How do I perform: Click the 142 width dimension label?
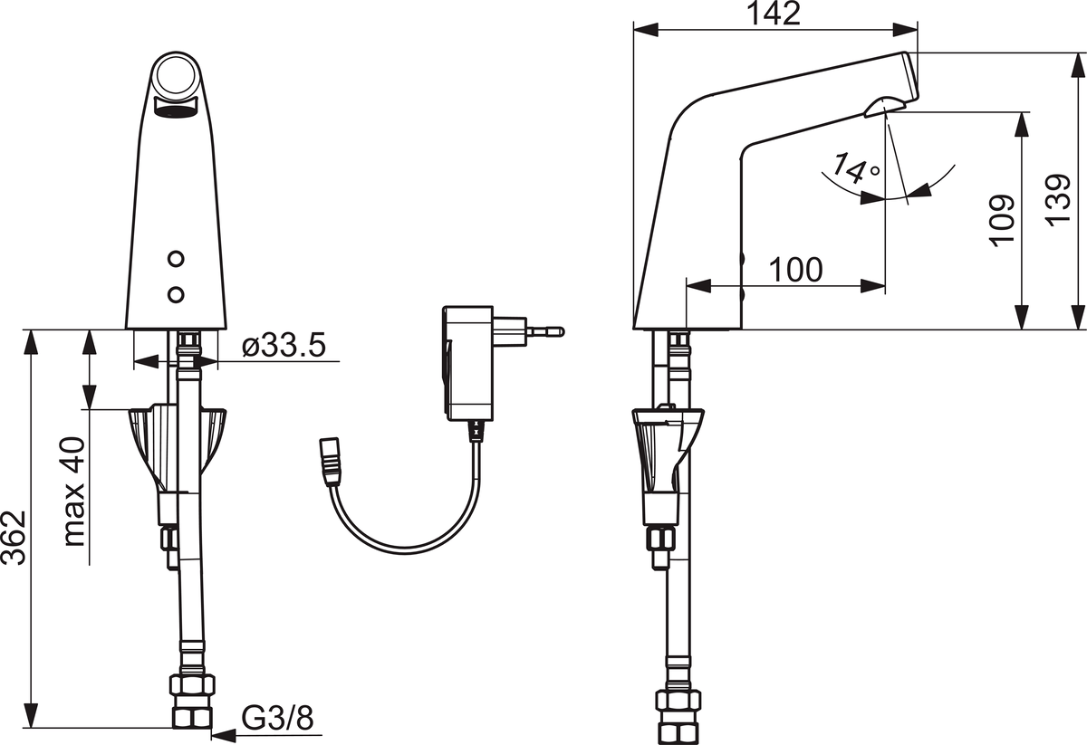coord(774,14)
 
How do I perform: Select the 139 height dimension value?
coord(1057,200)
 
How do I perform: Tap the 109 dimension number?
coord(1001,221)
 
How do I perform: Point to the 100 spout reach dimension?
coord(796,270)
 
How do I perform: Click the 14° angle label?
coord(855,167)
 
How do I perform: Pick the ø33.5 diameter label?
coord(284,346)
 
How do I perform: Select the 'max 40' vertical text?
coord(74,492)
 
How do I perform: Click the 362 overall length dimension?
coord(13,538)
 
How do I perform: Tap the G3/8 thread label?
coord(277,719)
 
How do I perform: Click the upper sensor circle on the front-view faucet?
coord(176,259)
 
